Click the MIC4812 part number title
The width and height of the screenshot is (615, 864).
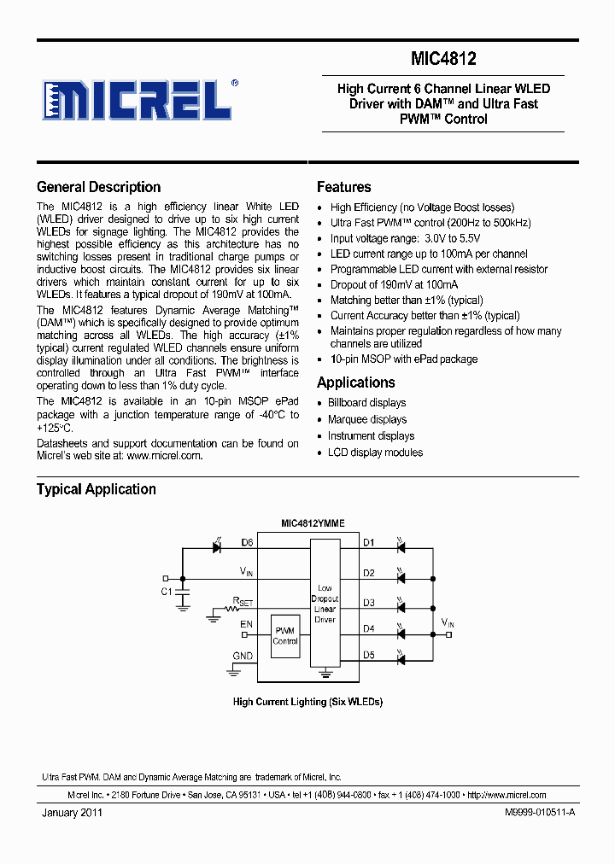pyautogui.click(x=443, y=59)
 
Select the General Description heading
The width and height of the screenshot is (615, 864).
pyautogui.click(x=98, y=187)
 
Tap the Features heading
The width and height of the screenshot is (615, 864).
pyautogui.click(x=343, y=187)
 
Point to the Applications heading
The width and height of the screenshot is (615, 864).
pyautogui.click(x=355, y=382)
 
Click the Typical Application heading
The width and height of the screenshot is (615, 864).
pyautogui.click(x=96, y=489)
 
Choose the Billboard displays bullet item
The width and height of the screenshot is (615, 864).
pyautogui.click(x=366, y=403)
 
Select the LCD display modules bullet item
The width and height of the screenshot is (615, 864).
pyautogui.click(x=375, y=452)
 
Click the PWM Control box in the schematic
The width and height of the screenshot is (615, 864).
pyautogui.click(x=285, y=636)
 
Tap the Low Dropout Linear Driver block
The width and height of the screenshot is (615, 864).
pyautogui.click(x=325, y=604)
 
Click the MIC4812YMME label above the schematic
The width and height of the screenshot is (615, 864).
pyautogui.click(x=313, y=524)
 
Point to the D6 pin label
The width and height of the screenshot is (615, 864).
pyautogui.click(x=247, y=542)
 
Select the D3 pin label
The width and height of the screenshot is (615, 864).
pyautogui.click(x=368, y=603)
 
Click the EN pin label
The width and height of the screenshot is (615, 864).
pyautogui.click(x=246, y=625)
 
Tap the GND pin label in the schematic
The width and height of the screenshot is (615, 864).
pyautogui.click(x=243, y=656)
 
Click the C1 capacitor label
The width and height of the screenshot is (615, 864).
pyautogui.click(x=166, y=591)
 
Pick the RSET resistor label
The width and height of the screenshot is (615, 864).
pyautogui.click(x=243, y=601)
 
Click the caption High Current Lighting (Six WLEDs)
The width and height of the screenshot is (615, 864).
pyautogui.click(x=307, y=702)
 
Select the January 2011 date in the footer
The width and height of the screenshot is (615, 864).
pyautogui.click(x=72, y=814)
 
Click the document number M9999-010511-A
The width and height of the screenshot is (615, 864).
pyautogui.click(x=528, y=814)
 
